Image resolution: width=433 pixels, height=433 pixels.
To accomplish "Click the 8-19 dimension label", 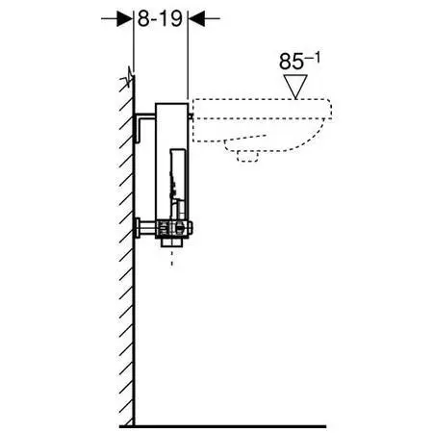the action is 160,19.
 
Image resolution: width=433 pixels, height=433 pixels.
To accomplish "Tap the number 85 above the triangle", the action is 291,62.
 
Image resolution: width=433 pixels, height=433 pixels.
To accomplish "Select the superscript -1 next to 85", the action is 312,58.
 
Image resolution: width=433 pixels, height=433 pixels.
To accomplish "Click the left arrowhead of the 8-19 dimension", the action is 125,18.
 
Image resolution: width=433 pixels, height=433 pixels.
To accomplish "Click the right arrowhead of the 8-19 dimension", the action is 196,18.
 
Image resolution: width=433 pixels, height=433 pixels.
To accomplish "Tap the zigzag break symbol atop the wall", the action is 128,77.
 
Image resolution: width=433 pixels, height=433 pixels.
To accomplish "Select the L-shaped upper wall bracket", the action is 143,126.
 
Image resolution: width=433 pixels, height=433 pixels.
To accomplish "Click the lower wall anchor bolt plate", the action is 138,227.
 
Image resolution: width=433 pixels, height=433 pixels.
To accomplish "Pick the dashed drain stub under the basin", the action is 247,156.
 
